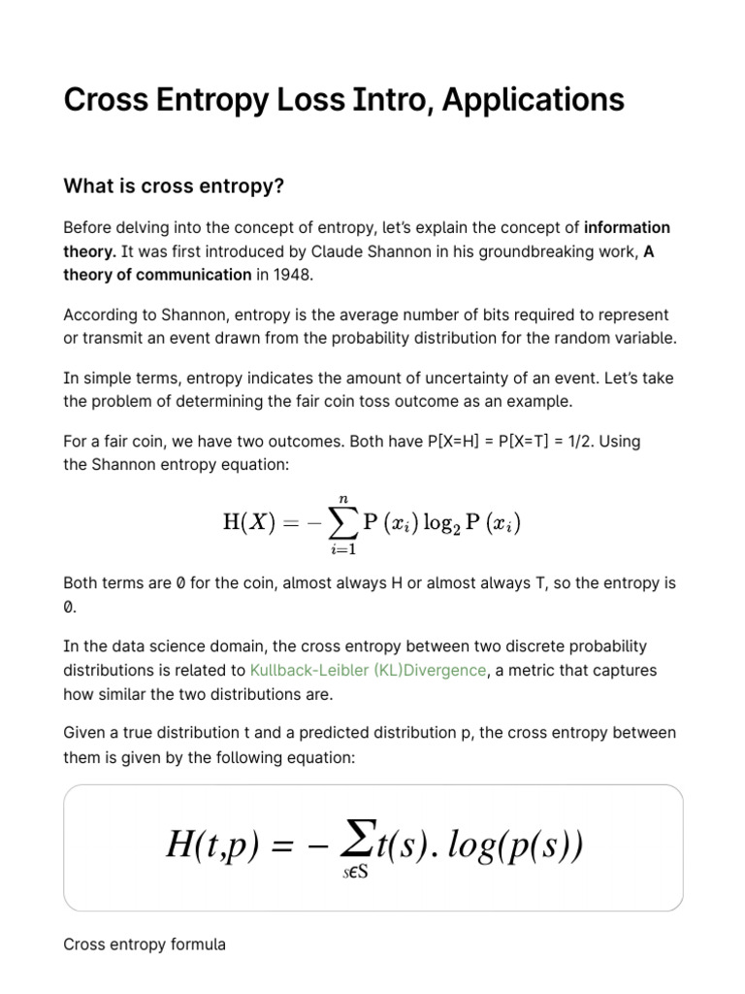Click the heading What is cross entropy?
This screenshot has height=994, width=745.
173,184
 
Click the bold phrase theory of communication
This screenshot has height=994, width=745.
157,274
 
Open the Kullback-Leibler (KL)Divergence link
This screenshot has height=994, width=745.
368,670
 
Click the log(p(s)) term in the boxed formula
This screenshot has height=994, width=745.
523,845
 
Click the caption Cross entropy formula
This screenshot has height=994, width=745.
145,944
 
